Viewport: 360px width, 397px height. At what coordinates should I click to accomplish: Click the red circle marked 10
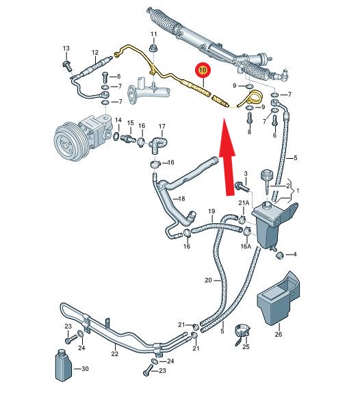[x=203, y=70]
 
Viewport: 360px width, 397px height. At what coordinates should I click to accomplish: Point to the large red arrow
[x=227, y=157]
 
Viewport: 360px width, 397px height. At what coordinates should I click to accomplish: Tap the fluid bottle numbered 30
[x=64, y=366]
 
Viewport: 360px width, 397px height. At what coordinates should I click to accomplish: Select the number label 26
[x=279, y=334]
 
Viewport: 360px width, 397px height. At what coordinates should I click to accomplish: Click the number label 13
[x=66, y=49]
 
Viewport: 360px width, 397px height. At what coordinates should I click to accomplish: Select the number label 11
[x=154, y=34]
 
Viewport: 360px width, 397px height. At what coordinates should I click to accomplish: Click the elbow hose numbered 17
[x=157, y=144]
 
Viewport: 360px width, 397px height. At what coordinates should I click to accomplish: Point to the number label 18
[x=181, y=198]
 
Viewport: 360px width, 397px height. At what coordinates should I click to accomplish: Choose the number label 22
[x=115, y=353]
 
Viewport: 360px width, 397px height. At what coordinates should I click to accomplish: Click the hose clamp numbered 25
[x=243, y=334]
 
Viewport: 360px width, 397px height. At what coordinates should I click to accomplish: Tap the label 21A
[x=244, y=203]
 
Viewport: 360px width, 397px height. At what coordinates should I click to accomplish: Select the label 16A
[x=245, y=246]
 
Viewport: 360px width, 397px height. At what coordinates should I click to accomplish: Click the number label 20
[x=208, y=280]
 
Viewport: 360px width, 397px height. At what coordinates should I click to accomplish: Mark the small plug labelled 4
[x=279, y=255]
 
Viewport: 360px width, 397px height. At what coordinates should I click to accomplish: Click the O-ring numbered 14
[x=116, y=136]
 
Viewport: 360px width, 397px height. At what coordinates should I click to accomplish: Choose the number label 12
[x=95, y=53]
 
